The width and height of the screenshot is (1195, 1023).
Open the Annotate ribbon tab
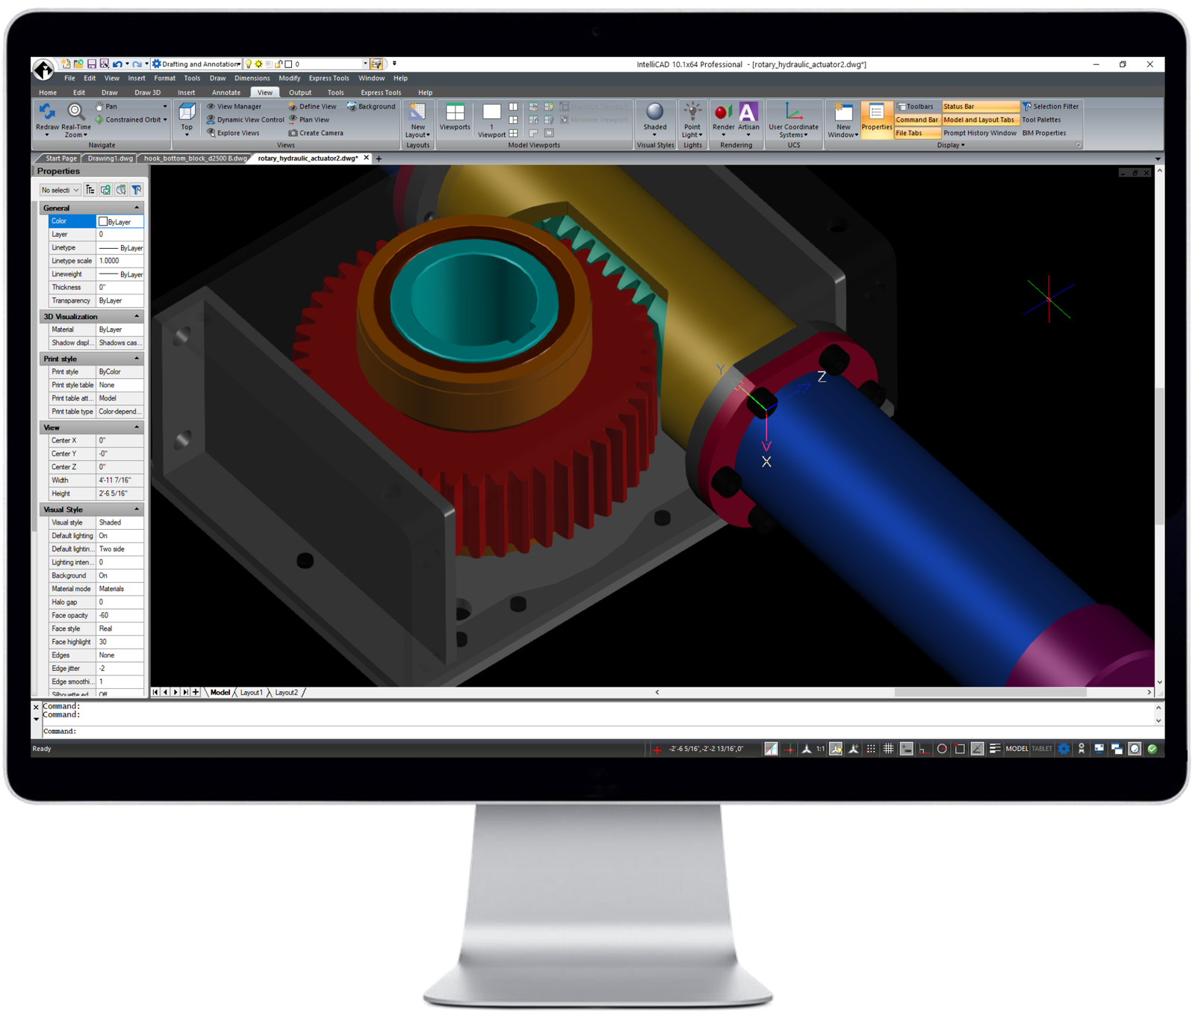226,93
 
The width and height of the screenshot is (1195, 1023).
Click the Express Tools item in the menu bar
329,78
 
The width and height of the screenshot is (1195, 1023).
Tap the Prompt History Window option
979,133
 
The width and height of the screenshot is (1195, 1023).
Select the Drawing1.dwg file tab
111,158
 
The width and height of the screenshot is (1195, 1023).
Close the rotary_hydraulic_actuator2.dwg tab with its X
367,158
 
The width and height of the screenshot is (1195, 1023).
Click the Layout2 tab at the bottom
286,693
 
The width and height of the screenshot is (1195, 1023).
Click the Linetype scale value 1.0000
119,261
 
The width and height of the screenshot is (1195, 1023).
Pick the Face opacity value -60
119,616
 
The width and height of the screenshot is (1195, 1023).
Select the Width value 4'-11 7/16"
119,480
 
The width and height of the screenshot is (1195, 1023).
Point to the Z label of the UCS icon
822,377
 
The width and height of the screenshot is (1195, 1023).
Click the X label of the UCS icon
766,462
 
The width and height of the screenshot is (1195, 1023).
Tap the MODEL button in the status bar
1016,749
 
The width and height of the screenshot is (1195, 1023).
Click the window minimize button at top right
1096,65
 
